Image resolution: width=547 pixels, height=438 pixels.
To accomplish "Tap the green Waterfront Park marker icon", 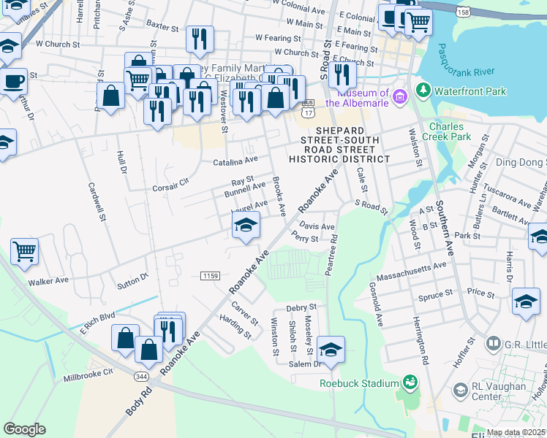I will click(x=423, y=91).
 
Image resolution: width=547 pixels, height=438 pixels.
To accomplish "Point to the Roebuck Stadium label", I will click(x=358, y=383).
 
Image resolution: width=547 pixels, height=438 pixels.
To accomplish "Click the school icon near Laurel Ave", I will click(x=246, y=226).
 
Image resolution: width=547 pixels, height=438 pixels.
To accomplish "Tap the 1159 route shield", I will click(x=210, y=274).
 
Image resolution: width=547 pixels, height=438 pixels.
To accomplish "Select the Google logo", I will click(x=24, y=429).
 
